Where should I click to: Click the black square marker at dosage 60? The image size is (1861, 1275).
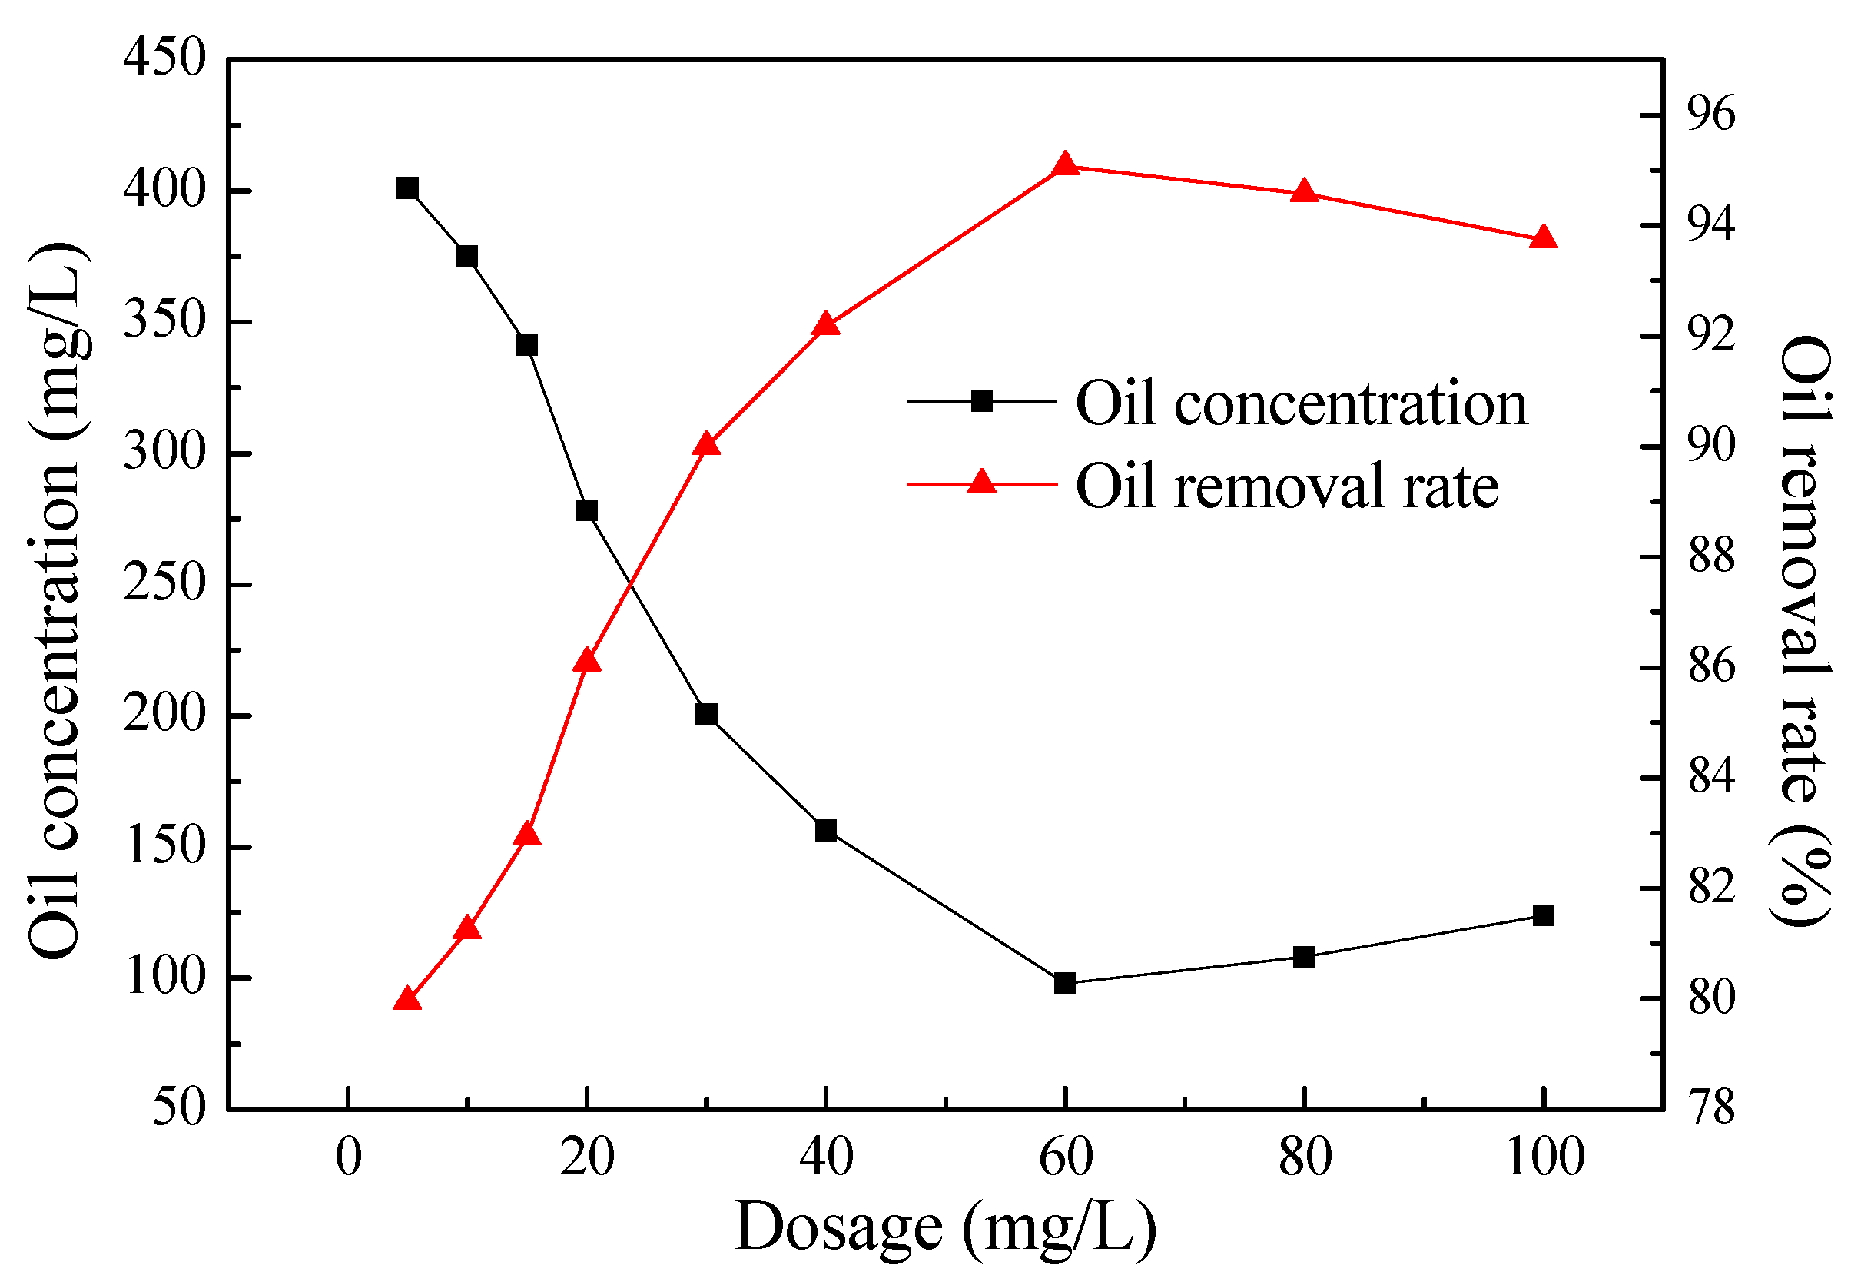click(x=1064, y=984)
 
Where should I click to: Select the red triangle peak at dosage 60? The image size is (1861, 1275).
click(x=1064, y=165)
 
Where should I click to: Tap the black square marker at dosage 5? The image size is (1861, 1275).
click(x=407, y=188)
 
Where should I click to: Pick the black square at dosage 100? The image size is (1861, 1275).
click(x=1543, y=915)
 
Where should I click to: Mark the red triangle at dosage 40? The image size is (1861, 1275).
click(x=825, y=324)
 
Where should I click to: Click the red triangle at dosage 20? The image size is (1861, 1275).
click(x=587, y=660)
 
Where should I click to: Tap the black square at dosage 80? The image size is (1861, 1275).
click(x=1305, y=957)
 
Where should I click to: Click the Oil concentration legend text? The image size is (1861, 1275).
click(x=1302, y=403)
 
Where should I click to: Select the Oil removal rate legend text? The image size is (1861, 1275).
click(x=1287, y=486)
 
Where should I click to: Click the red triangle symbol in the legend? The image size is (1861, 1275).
click(x=982, y=482)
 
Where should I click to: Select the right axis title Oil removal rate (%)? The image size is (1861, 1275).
click(x=1805, y=630)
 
